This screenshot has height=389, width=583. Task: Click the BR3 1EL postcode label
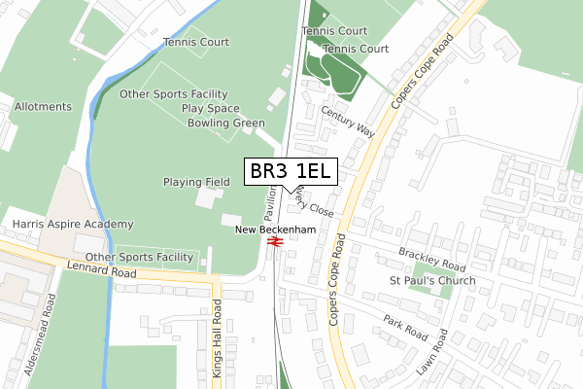[x=290, y=172]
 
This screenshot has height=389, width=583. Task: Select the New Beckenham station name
[x=276, y=230]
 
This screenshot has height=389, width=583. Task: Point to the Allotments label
[x=43, y=106]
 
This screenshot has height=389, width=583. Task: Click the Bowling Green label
[x=226, y=124]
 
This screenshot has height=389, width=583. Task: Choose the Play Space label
[x=210, y=109]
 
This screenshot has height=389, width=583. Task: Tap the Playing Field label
[x=196, y=182]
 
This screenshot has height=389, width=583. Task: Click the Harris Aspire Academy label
[x=73, y=225]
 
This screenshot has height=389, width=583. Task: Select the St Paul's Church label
[x=432, y=281]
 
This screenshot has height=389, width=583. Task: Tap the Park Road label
[x=405, y=326]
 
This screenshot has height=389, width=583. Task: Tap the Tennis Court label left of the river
[x=197, y=42]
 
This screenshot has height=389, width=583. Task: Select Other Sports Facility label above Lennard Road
[x=140, y=257]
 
